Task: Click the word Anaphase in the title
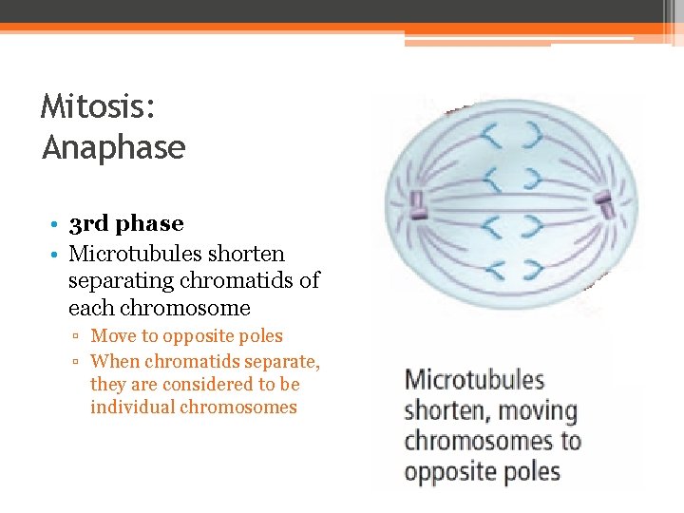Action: pos(113,147)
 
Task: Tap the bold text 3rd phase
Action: pos(126,224)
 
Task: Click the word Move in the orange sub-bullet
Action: pos(113,336)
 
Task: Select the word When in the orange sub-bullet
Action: pos(114,361)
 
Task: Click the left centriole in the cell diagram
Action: pos(415,202)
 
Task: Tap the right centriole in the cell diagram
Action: pos(602,201)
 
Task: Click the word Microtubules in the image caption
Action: pos(474,380)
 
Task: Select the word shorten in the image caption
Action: pos(446,411)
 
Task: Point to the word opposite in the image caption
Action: pos(448,471)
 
